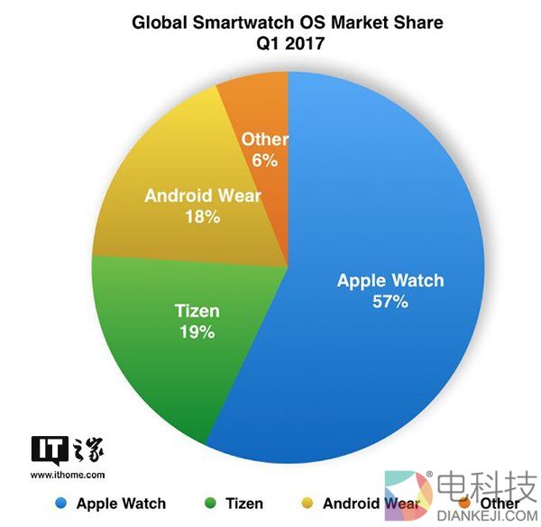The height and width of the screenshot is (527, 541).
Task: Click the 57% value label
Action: click(390, 303)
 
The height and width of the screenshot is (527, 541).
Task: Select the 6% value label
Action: click(264, 160)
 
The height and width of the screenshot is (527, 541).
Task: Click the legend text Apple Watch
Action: click(121, 503)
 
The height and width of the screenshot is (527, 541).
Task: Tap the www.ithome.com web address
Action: click(69, 473)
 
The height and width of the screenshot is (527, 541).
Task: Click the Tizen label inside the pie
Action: click(196, 312)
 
